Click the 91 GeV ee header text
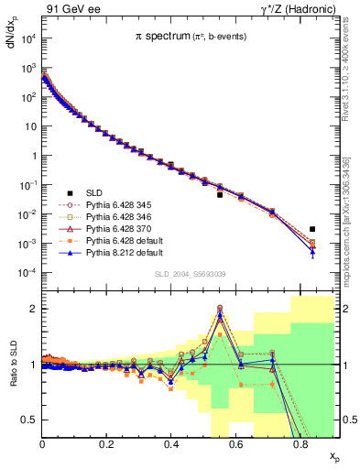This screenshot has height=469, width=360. click(x=68, y=7)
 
